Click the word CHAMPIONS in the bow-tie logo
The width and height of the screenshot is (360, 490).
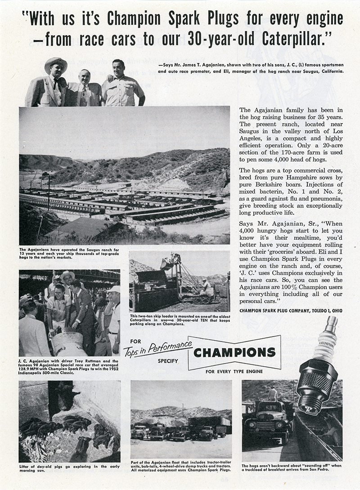[234, 352]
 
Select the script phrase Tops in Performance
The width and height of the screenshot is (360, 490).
[157, 347]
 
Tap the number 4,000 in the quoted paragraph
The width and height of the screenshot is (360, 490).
[250, 229]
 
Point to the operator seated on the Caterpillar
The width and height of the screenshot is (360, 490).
[205, 286]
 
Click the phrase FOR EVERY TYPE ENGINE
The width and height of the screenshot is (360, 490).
[234, 372]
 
